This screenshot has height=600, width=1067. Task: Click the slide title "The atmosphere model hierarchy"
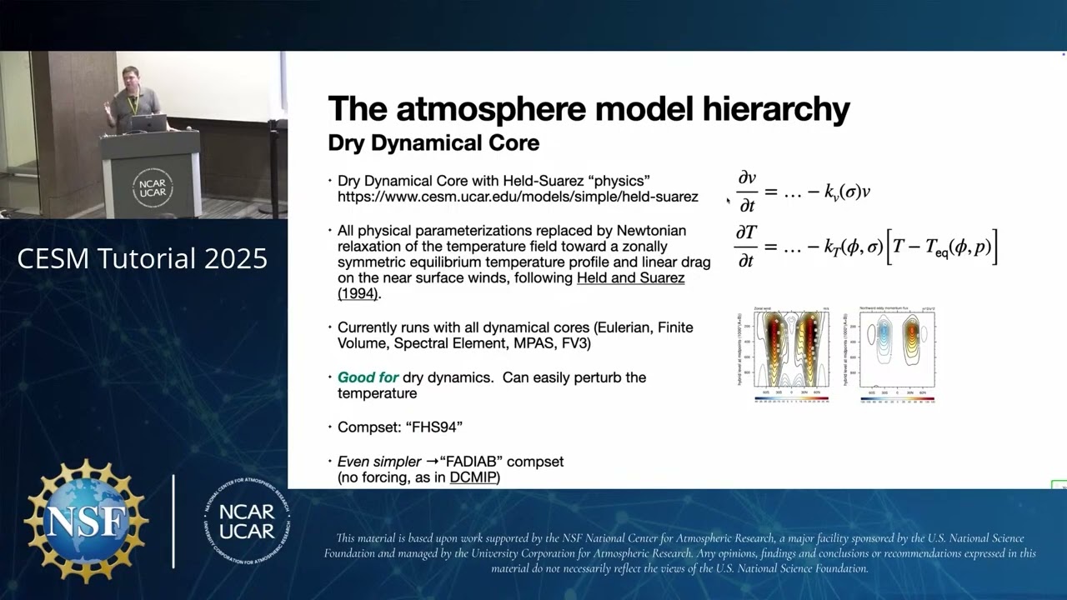click(589, 109)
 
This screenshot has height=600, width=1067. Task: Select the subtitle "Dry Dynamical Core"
click(433, 143)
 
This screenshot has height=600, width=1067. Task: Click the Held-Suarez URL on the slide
click(518, 197)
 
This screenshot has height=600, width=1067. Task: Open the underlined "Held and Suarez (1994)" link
click(630, 278)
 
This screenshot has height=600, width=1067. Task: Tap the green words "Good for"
click(368, 377)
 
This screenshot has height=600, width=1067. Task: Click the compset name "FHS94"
click(433, 427)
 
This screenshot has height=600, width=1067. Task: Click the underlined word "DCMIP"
click(472, 477)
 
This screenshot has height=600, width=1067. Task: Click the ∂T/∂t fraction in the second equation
click(745, 247)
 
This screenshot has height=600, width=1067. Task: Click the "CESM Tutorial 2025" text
click(143, 259)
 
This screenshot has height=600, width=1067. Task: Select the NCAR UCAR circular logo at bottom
click(248, 521)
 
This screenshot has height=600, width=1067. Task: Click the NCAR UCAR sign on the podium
click(152, 186)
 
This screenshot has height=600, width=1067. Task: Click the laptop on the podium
click(148, 123)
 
